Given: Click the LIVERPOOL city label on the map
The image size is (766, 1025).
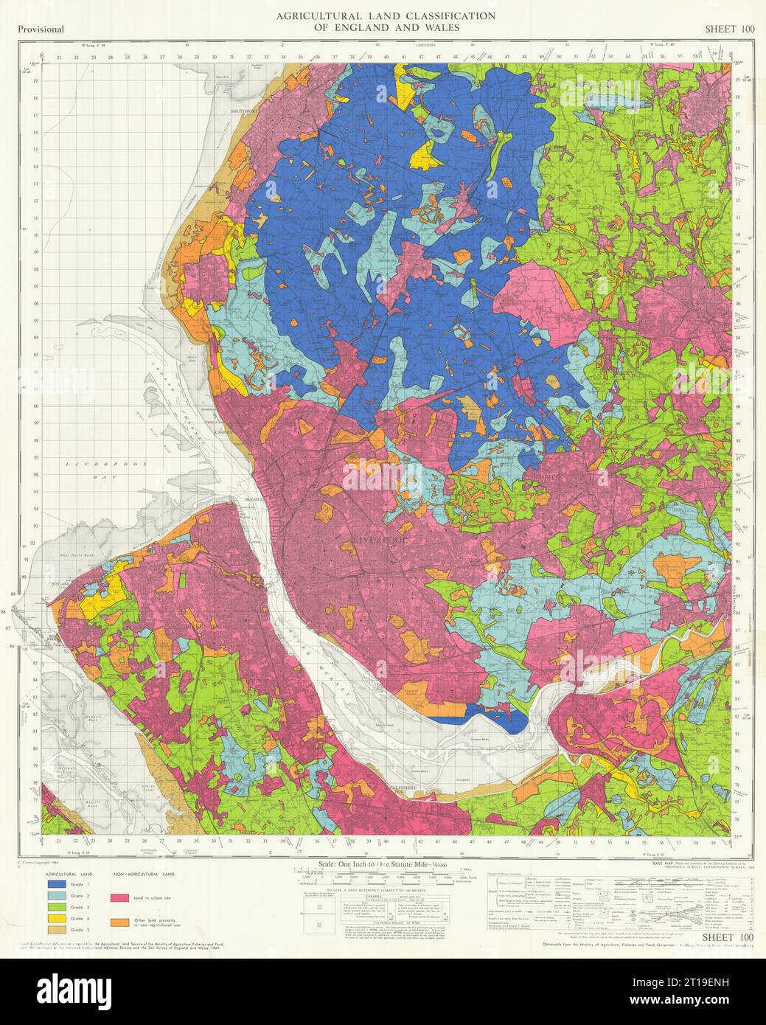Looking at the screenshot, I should (x=368, y=539).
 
